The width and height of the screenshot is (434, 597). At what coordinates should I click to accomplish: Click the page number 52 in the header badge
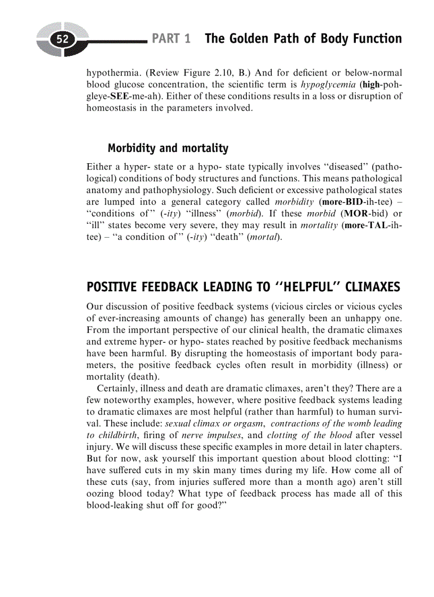(x=63, y=39)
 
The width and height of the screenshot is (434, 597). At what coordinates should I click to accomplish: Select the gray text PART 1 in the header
(x=171, y=39)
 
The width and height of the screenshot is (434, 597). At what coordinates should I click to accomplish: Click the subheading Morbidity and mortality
(x=168, y=148)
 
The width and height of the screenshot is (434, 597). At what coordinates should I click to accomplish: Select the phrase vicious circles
(x=310, y=306)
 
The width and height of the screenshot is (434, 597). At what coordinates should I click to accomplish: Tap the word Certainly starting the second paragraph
(x=118, y=388)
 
